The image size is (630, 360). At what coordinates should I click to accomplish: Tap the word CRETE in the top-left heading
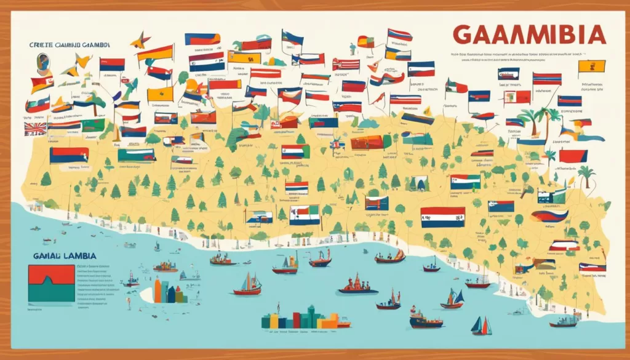coord(40,44)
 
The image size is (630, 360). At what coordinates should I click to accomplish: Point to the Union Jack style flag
coord(35,128)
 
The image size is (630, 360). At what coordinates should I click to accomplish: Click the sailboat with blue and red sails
coord(481,326)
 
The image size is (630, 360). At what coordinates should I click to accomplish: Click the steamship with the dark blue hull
coord(426,319)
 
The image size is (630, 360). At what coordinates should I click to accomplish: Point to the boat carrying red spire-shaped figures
coord(357,284)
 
